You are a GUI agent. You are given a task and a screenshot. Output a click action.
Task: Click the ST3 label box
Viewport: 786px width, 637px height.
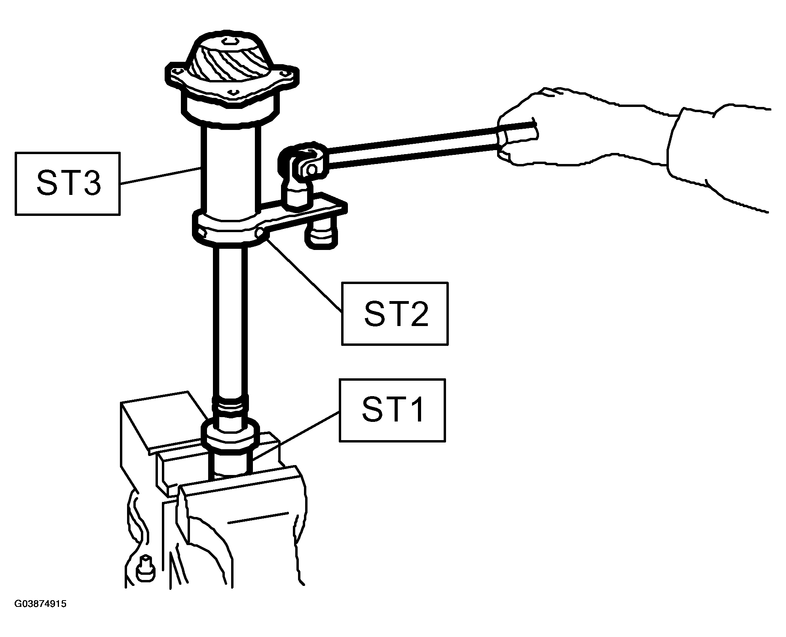67,184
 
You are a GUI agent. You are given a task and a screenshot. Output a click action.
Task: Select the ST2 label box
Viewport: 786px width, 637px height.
395,314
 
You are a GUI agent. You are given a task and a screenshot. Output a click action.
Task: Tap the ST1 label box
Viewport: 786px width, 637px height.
392,410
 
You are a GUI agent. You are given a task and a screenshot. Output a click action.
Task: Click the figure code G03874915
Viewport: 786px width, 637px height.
40,615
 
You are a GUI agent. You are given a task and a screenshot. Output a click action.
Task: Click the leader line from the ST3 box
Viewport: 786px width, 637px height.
161,175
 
